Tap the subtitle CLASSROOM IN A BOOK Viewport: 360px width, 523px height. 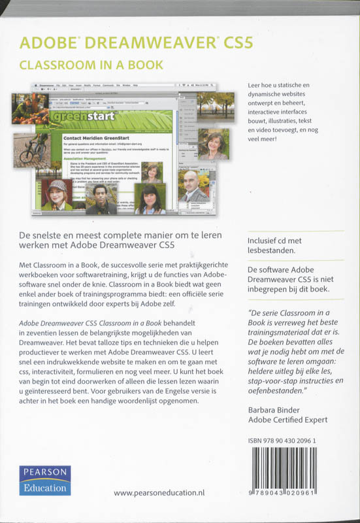coord(91,65)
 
